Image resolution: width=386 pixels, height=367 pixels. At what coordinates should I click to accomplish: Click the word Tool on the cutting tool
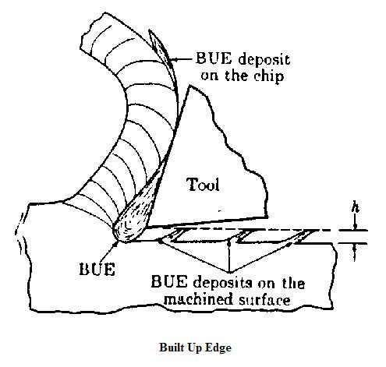pyautogui.click(x=203, y=184)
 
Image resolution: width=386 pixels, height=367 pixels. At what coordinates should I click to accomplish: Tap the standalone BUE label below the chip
pyautogui.click(x=97, y=269)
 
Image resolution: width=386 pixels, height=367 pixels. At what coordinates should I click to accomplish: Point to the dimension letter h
pyautogui.click(x=355, y=208)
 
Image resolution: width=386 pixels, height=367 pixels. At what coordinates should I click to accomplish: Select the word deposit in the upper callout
pyautogui.click(x=264, y=60)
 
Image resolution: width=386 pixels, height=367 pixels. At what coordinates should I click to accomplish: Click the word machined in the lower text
pyautogui.click(x=198, y=299)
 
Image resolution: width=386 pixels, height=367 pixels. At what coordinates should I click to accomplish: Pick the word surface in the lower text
pyautogui.click(x=264, y=300)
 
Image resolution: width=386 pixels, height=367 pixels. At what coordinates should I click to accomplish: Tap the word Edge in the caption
pyautogui.click(x=218, y=348)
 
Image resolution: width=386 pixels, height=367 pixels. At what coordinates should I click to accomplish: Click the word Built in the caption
pyautogui.click(x=170, y=348)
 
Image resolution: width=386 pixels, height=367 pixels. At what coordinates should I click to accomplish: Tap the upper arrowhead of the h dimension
pyautogui.click(x=355, y=227)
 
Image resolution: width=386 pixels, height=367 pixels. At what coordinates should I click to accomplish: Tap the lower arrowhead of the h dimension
pyautogui.click(x=355, y=247)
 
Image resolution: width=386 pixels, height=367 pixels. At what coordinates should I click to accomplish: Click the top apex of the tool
pyautogui.click(x=190, y=86)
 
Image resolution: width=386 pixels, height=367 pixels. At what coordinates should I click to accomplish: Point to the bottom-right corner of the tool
pyautogui.click(x=267, y=217)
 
